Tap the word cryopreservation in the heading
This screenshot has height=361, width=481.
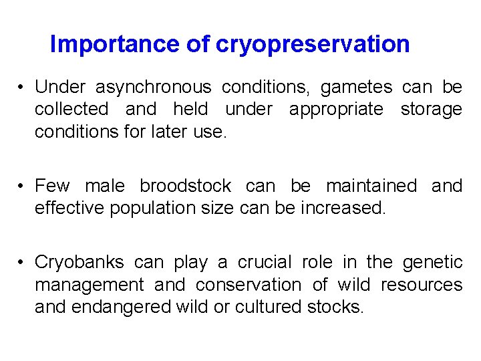pyautogui.click(x=313, y=45)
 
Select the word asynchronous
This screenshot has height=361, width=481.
pyautogui.click(x=153, y=88)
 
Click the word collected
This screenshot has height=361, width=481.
pyautogui.click(x=71, y=110)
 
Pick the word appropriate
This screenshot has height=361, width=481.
pyautogui.click(x=336, y=110)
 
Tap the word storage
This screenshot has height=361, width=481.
pyautogui.click(x=431, y=110)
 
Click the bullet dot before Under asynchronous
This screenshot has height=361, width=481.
pyautogui.click(x=22, y=88)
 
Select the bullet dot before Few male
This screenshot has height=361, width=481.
pyautogui.click(x=22, y=187)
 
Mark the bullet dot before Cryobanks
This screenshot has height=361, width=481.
pyautogui.click(x=22, y=263)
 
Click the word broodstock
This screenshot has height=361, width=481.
pyautogui.click(x=185, y=186)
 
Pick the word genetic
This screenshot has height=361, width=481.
pyautogui.click(x=435, y=263)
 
